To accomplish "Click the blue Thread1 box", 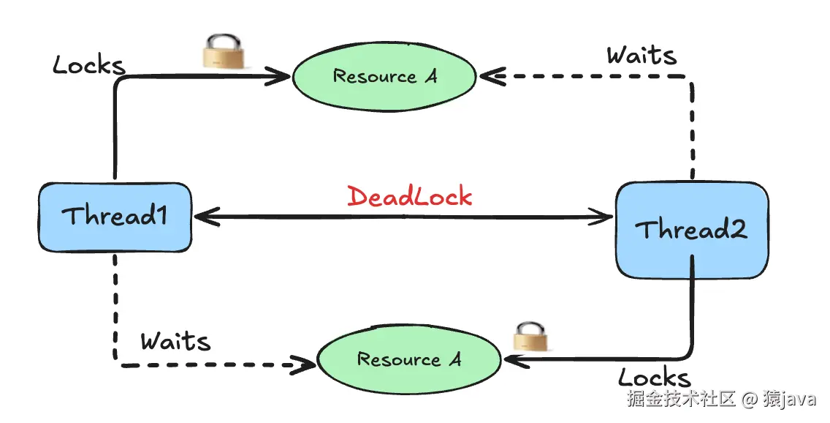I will point(115,217).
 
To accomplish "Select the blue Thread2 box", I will point(691,230).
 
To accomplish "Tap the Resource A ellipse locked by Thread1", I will point(384,76).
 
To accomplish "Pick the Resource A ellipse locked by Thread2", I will point(409,359).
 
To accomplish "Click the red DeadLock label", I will point(409,197).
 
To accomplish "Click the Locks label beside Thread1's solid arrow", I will point(89,65).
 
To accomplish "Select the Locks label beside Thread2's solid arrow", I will point(654,378).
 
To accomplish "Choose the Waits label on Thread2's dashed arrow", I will point(641,56).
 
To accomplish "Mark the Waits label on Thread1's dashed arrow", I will point(175,341).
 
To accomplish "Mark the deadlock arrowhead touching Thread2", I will point(604,217).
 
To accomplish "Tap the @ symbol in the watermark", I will point(749,400).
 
